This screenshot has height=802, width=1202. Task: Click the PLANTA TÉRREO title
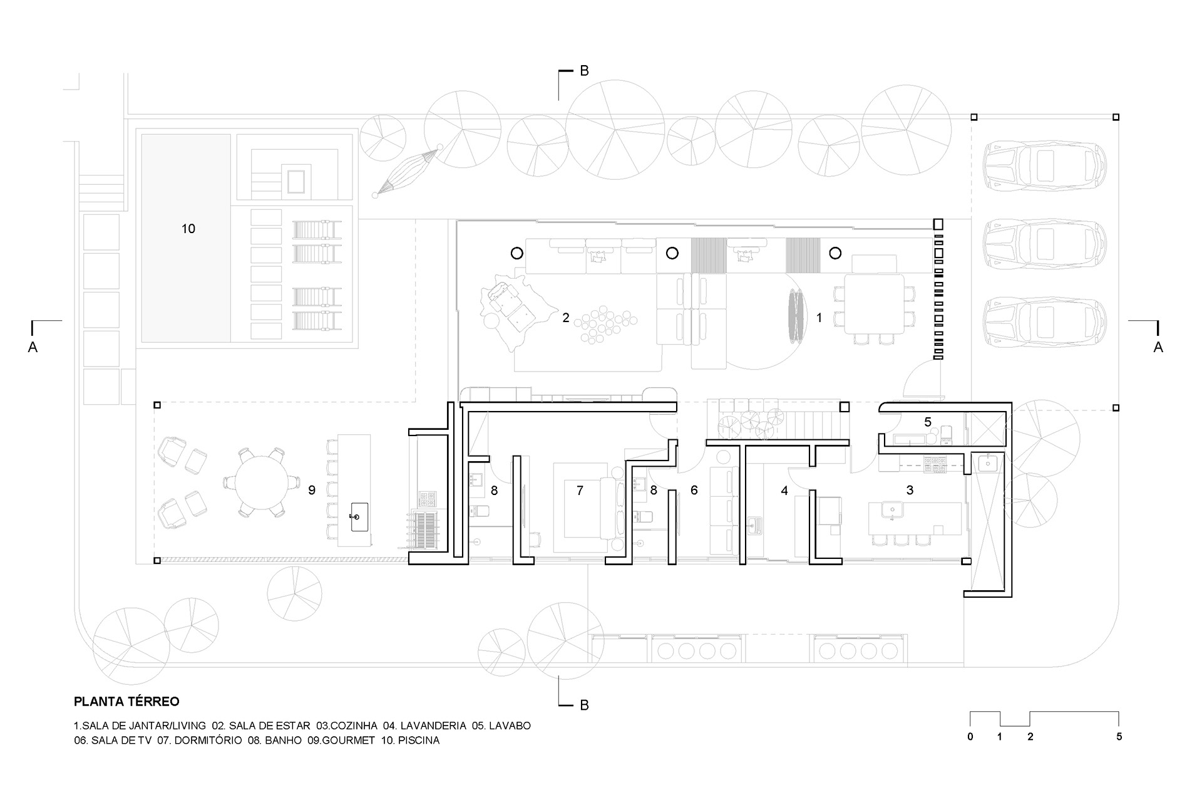click(126, 702)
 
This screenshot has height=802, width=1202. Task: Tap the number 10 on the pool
click(188, 229)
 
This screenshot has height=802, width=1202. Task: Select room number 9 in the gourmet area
click(312, 490)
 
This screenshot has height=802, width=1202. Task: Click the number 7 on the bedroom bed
click(580, 491)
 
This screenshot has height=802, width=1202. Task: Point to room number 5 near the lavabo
click(928, 422)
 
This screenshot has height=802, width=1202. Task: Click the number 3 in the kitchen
click(910, 491)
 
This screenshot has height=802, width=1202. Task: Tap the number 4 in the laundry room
click(784, 491)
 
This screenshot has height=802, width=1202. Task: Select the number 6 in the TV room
click(694, 491)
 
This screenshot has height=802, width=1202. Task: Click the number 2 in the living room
click(566, 318)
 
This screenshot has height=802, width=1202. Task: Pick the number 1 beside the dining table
click(819, 318)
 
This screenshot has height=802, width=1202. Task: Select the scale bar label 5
click(1119, 737)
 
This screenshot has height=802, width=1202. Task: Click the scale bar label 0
click(970, 737)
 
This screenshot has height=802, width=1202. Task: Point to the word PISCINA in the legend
click(418, 741)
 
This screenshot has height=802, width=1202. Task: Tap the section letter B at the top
click(584, 71)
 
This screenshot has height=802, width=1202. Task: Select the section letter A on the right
click(1158, 347)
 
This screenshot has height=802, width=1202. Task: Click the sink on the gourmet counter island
click(359, 517)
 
